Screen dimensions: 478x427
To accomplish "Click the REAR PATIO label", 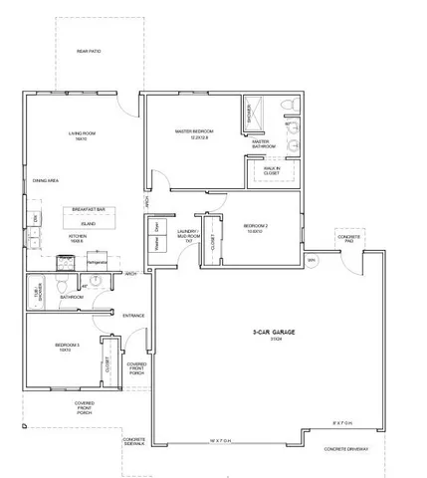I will [89, 51].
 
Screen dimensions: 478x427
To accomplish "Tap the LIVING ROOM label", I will [80, 134].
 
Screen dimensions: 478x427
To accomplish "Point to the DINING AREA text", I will [45, 181].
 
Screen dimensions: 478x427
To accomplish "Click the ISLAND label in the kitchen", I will [89, 224].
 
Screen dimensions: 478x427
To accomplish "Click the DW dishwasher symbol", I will [36, 218].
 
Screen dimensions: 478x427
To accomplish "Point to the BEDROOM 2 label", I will [256, 228].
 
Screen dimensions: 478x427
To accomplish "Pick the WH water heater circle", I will [311, 260].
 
